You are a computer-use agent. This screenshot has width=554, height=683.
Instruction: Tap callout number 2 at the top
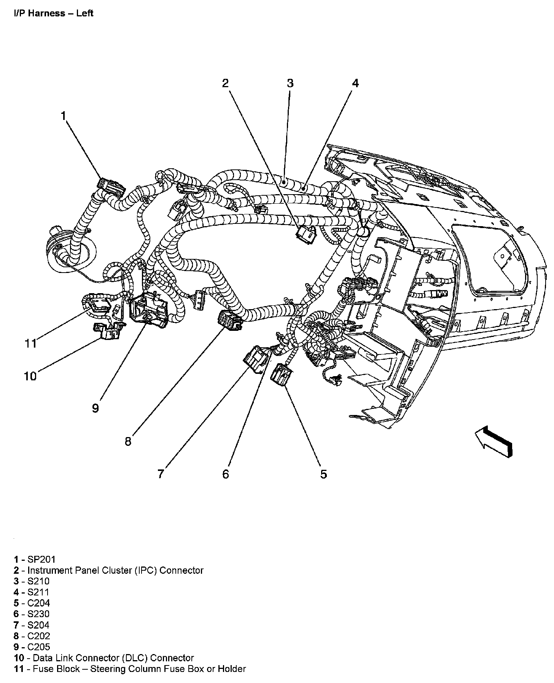tap(226, 83)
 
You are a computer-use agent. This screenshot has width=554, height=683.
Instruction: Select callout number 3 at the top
tap(290, 83)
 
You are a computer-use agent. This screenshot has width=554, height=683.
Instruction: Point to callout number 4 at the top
tap(355, 83)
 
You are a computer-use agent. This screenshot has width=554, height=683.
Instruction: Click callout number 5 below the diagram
tap(323, 474)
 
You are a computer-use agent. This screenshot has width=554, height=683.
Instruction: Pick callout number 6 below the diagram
tap(226, 474)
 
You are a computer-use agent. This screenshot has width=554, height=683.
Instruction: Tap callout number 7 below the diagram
tap(161, 474)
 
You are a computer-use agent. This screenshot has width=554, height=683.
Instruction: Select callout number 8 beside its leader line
tap(128, 441)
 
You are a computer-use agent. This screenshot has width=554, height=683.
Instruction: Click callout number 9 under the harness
tap(96, 409)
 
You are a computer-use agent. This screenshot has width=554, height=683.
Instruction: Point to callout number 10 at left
tap(30, 376)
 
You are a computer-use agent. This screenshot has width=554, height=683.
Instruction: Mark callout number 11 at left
tap(30, 343)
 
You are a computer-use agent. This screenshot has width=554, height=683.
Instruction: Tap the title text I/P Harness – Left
tap(54, 13)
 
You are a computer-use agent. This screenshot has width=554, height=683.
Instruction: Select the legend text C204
tap(39, 603)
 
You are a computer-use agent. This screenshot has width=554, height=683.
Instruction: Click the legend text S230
tap(38, 614)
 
